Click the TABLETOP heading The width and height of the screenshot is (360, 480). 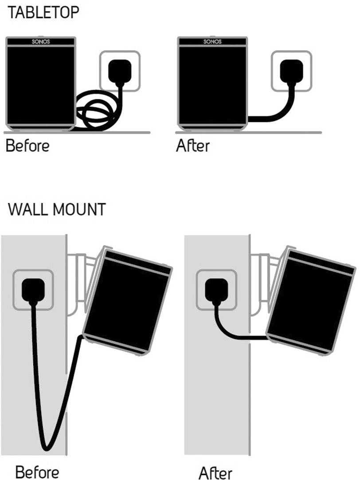pyautogui.click(x=43, y=12)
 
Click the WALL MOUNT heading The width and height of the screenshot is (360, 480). pyautogui.click(x=57, y=209)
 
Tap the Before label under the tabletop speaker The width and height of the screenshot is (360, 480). pyautogui.click(x=27, y=146)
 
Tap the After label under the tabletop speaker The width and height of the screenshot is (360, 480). pyautogui.click(x=192, y=146)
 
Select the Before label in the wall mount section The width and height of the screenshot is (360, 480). pyautogui.click(x=37, y=471)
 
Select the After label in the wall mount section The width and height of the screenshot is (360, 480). pyautogui.click(x=215, y=471)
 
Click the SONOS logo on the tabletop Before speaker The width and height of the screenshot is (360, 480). pyautogui.click(x=40, y=42)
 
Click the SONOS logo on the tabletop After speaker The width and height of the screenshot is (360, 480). pyautogui.click(x=211, y=42)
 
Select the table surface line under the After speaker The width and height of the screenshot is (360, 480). pyautogui.click(x=248, y=132)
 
